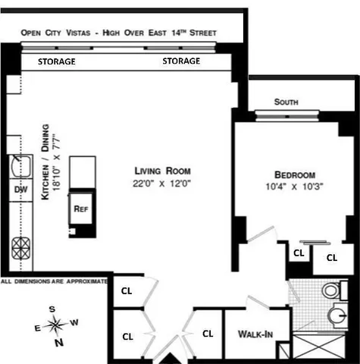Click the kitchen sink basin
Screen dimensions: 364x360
coord(19,165)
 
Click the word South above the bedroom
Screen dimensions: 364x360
coord(286,102)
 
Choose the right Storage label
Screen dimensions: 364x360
coord(181,61)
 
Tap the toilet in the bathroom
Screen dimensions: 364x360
coord(329,290)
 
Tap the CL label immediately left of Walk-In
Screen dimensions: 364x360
coord(207,333)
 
